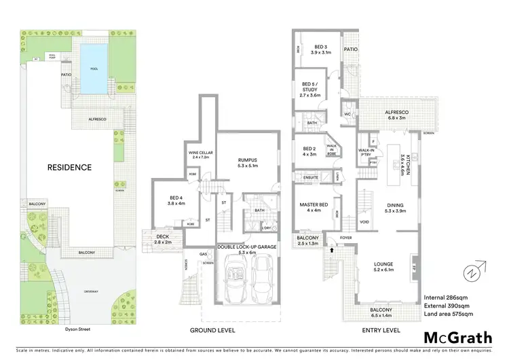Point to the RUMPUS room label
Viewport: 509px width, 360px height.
pyautogui.click(x=250, y=162)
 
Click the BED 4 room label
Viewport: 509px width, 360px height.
pyautogui.click(x=176, y=202)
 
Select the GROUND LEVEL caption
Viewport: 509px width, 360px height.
pyautogui.click(x=212, y=331)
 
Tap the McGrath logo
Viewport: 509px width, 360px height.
pyautogui.click(x=459, y=337)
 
